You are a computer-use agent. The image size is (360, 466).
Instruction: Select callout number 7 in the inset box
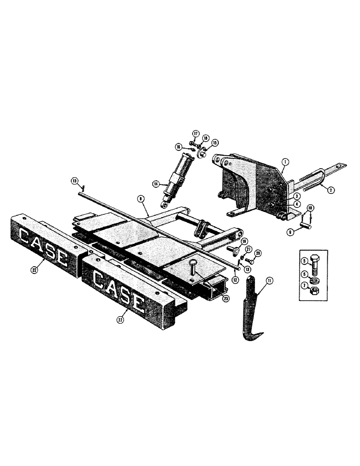pos(304,285)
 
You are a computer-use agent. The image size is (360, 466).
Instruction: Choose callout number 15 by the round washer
pos(215,142)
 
